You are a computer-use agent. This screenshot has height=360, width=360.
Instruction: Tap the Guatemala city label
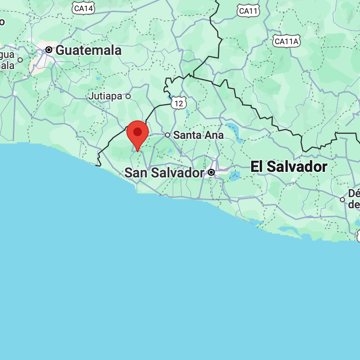[x=89, y=50]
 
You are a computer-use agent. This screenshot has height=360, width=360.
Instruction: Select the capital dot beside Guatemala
[x=49, y=50]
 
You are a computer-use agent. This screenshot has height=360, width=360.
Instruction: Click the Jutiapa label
[x=105, y=96]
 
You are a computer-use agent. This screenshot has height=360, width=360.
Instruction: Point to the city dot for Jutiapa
[x=128, y=96]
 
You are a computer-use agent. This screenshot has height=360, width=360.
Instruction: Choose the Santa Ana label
[x=198, y=135]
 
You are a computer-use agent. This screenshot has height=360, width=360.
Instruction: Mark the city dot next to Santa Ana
[x=168, y=135]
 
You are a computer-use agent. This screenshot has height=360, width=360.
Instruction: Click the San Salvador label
[x=164, y=173]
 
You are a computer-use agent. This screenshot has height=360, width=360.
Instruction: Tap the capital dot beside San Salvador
[x=211, y=172]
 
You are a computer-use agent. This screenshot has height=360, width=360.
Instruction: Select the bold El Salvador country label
[x=289, y=167]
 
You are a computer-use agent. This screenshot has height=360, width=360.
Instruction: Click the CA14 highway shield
[x=83, y=8]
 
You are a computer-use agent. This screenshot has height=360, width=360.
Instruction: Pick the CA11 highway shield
[x=249, y=11]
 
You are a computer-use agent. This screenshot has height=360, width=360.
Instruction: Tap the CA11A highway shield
[x=286, y=41]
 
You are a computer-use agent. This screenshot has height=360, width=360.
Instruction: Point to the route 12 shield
[x=179, y=103]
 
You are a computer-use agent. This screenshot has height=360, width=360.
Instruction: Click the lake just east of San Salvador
[x=234, y=175]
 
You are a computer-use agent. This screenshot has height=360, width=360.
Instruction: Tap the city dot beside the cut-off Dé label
[x=342, y=199]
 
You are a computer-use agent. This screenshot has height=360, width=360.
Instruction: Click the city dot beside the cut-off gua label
[x=20, y=60]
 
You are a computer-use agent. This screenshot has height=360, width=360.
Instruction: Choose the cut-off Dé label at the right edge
[x=354, y=198]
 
